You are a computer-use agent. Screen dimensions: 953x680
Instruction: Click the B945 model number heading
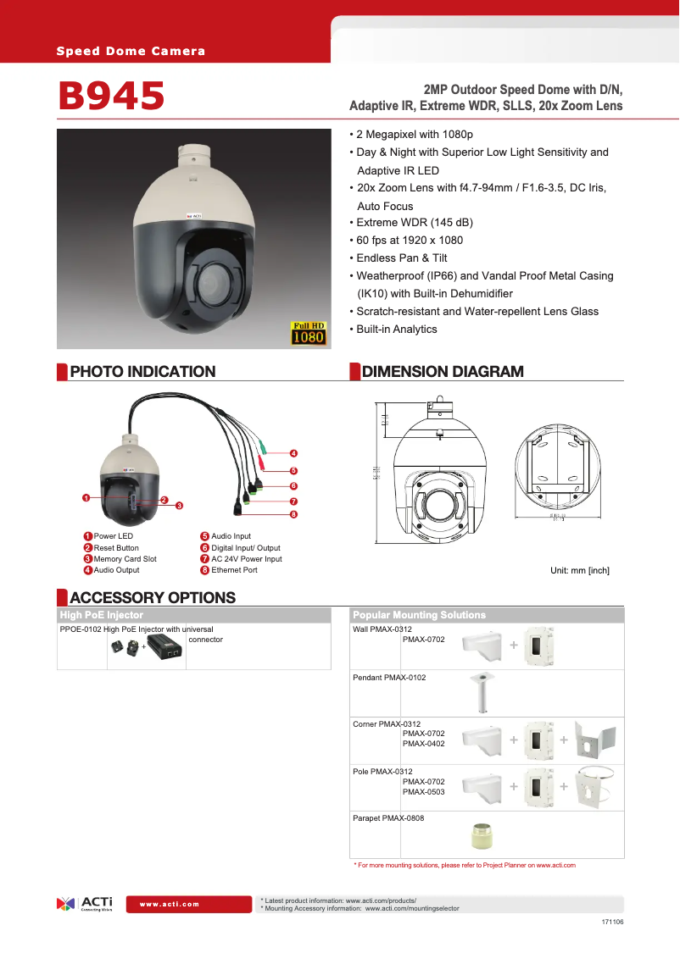click(x=111, y=96)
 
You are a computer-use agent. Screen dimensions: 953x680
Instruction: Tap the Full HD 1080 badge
click(x=309, y=333)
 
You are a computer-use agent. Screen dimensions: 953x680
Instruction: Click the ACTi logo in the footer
click(x=84, y=903)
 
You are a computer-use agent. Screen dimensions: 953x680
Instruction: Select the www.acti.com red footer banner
click(x=170, y=904)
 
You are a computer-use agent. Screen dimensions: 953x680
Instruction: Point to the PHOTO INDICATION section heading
click(x=142, y=371)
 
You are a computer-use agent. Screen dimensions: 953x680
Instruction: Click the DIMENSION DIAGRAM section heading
click(x=443, y=371)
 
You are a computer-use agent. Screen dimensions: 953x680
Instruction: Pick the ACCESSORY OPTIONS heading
click(x=153, y=597)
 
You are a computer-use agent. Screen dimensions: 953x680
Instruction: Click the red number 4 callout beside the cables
click(x=293, y=453)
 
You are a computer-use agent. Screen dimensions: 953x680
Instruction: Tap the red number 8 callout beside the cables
click(x=293, y=514)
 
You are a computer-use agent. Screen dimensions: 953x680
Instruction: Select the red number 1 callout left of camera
click(x=86, y=497)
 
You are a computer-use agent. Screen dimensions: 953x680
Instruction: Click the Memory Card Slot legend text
click(x=125, y=559)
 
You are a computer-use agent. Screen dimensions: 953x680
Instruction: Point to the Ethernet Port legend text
click(x=234, y=570)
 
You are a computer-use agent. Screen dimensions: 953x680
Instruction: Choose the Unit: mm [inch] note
click(x=580, y=570)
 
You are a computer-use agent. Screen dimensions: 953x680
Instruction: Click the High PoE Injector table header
click(x=102, y=615)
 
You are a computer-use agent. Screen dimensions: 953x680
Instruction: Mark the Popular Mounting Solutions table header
click(x=420, y=615)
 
